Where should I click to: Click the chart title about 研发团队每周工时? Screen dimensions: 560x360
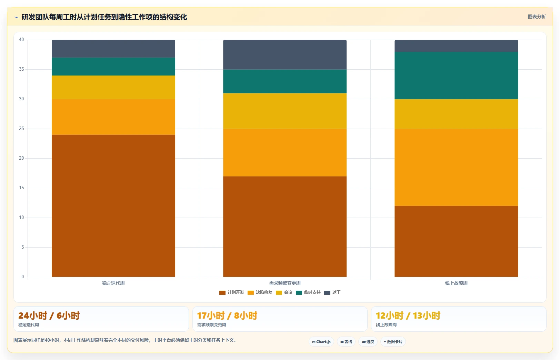tap(104, 17)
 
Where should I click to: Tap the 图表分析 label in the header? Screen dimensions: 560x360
tap(537, 17)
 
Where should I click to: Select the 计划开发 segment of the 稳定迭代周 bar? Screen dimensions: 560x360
tap(113, 206)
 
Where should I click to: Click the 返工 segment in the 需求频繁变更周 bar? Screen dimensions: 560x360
tap(285, 54)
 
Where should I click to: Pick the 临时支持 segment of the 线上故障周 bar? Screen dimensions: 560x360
tap(456, 75)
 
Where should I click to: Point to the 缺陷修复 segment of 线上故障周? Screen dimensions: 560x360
tap(456, 167)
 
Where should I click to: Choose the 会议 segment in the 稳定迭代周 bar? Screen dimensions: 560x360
tap(113, 87)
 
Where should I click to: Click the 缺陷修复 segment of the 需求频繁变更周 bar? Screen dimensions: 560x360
tap(285, 152)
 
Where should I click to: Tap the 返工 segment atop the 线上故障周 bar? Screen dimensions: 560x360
tap(456, 46)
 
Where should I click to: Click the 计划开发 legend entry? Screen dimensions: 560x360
tap(232, 292)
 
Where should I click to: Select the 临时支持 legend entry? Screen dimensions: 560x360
tap(308, 292)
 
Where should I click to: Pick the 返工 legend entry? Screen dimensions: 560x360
tap(332, 292)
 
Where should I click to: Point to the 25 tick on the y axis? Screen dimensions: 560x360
tap(21, 129)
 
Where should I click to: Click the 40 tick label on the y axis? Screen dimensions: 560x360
tap(21, 40)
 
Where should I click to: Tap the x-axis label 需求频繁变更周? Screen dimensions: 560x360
tap(285, 283)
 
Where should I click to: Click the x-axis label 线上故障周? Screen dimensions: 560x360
tap(456, 283)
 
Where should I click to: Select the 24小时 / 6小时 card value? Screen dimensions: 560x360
tap(49, 316)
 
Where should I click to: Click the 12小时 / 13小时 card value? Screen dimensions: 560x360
tap(408, 316)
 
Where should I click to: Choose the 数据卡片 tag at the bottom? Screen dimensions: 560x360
tap(393, 342)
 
